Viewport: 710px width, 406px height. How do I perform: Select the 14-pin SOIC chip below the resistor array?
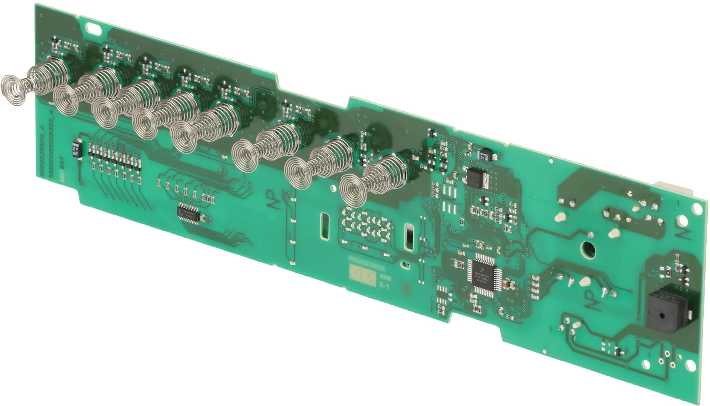189,215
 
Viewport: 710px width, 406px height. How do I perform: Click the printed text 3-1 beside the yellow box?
384,286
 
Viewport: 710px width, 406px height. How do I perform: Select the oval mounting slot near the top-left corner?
95,28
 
